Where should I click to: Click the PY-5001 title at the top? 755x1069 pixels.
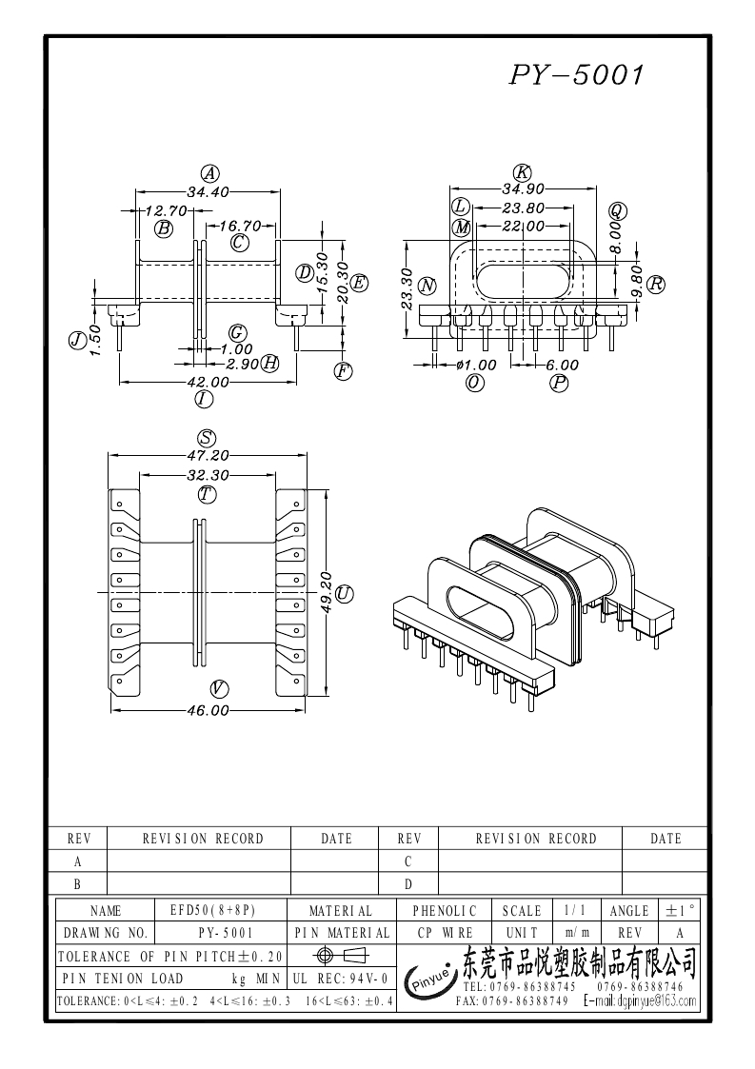pyautogui.click(x=577, y=75)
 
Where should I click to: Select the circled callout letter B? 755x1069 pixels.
pyautogui.click(x=164, y=228)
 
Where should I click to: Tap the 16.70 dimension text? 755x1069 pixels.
pyautogui.click(x=240, y=226)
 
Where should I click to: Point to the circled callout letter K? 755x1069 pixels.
pyautogui.click(x=522, y=172)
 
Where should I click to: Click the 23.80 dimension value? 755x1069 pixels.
pyautogui.click(x=522, y=208)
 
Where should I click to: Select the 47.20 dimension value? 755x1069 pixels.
pyautogui.click(x=206, y=455)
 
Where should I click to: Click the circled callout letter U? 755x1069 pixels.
pyautogui.click(x=345, y=594)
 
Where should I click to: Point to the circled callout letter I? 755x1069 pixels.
pyautogui.click(x=203, y=399)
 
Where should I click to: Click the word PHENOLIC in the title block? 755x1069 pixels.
pyautogui.click(x=445, y=911)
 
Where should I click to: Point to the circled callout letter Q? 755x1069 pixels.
pyautogui.click(x=618, y=210)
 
